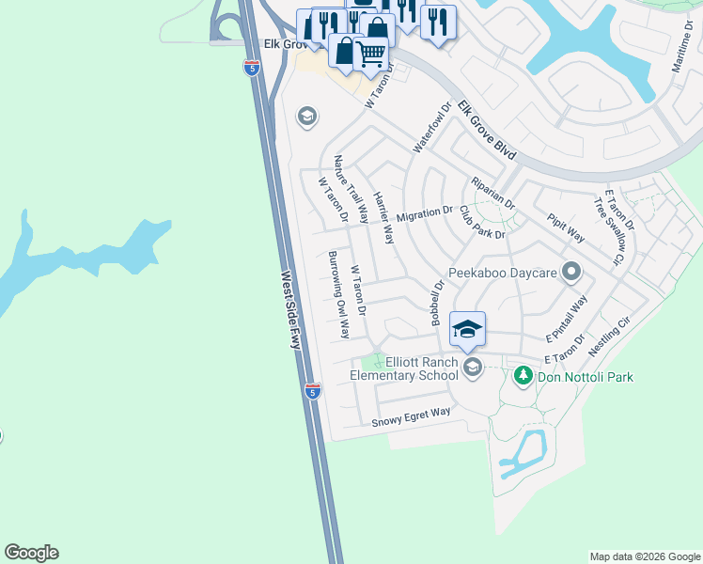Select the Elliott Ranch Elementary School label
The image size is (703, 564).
(x=403, y=368)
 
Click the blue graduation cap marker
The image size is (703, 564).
(x=467, y=329)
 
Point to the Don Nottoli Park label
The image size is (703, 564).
(x=585, y=377)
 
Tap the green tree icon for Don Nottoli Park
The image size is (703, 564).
(x=523, y=376)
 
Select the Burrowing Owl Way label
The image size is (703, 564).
(x=339, y=295)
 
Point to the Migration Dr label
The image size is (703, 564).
(x=425, y=215)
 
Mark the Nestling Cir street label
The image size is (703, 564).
(x=608, y=336)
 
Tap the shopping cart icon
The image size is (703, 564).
(x=371, y=55)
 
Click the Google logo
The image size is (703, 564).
(x=31, y=552)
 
